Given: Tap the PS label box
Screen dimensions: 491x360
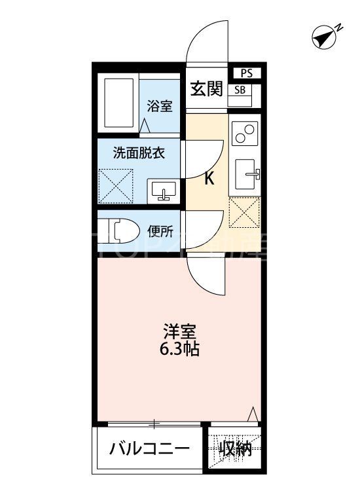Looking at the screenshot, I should click(x=246, y=73).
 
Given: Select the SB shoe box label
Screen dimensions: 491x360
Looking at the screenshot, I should click(x=240, y=90).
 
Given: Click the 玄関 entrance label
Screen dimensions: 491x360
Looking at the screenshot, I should click(x=206, y=89).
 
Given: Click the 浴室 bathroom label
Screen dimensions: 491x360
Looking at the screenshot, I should click(x=159, y=105).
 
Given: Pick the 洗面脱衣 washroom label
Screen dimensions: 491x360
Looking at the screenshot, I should click(x=138, y=154).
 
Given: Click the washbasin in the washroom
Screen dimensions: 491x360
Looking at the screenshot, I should click(x=163, y=190).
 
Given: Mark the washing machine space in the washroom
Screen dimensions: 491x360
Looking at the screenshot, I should click(x=116, y=186).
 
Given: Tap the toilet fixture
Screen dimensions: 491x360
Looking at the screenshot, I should click(x=122, y=231).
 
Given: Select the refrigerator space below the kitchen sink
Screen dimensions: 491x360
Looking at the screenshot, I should click(x=245, y=211).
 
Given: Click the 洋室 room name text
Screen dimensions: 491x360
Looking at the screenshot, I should click(x=179, y=331).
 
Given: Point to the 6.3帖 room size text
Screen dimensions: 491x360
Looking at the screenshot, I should click(x=179, y=348).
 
